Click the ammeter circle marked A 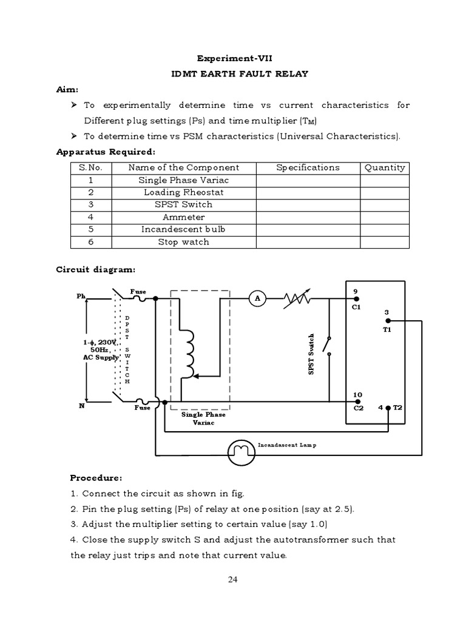point(257,298)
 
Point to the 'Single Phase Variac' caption point(203,418)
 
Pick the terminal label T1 point(387,329)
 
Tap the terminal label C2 point(358,408)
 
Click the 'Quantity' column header point(385,167)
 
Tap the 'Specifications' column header point(308,167)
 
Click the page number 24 point(233,579)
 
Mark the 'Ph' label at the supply point(81,297)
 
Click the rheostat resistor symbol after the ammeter point(297,298)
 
